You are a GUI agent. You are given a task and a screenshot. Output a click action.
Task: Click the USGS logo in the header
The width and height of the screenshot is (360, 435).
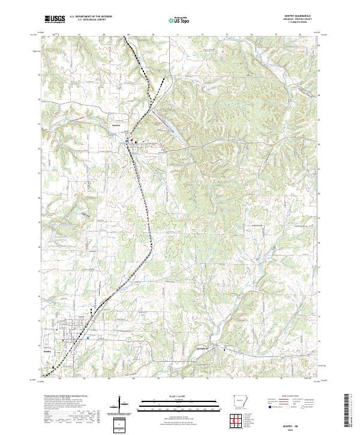55,20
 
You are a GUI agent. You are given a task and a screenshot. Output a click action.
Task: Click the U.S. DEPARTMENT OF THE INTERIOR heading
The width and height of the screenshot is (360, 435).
91,17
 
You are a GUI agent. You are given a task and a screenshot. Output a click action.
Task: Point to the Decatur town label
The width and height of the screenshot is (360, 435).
116,125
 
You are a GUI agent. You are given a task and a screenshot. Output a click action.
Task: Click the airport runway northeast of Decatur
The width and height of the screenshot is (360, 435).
166,125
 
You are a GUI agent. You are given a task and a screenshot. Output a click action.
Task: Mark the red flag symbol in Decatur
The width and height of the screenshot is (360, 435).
127,142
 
